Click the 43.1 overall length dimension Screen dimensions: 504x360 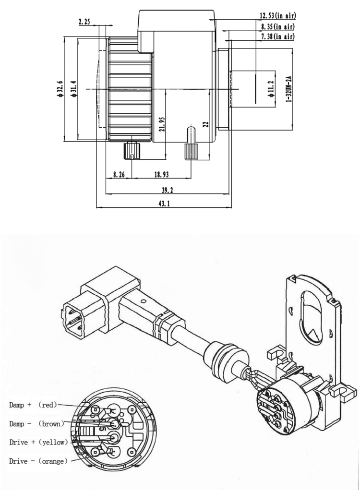(x=164, y=204)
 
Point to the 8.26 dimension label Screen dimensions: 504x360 (x=119, y=175)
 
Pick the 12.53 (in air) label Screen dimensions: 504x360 (x=277, y=16)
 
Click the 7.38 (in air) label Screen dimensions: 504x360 (x=277, y=36)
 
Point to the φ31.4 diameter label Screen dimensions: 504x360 (x=73, y=90)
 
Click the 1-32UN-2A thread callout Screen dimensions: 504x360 (x=289, y=90)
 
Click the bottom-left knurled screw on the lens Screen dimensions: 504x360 (x=131, y=150)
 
